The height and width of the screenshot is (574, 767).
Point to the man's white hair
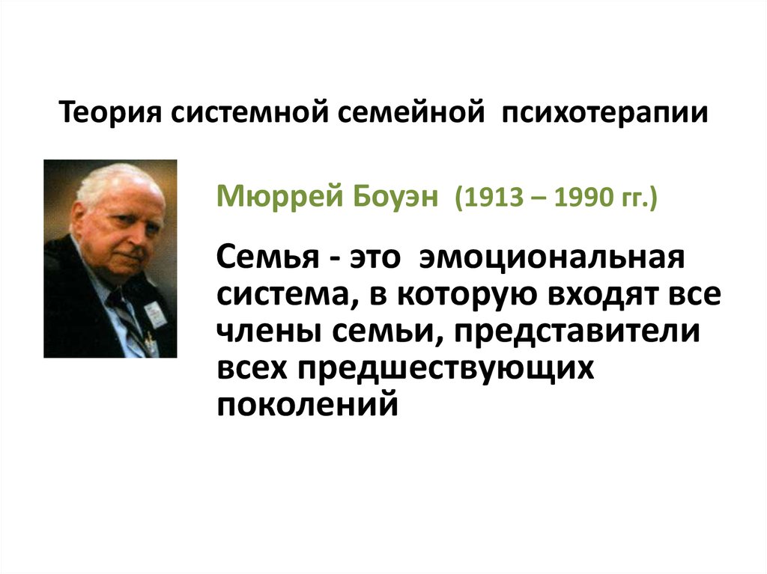click(x=112, y=180)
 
